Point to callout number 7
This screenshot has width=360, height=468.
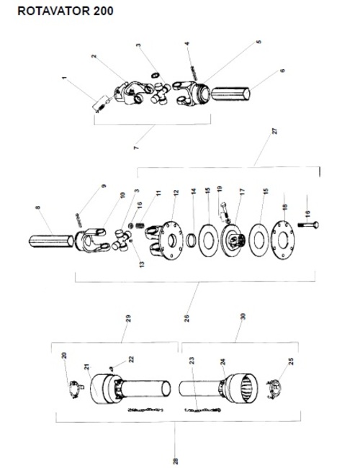136,147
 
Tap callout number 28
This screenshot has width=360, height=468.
176,461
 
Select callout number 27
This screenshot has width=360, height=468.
274,131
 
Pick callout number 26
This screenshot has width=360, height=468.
187,318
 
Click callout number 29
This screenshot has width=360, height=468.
128,318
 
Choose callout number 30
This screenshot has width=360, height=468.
243,316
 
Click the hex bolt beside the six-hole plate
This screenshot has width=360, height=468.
308,225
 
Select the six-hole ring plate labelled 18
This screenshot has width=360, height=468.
284,240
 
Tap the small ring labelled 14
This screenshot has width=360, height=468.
192,240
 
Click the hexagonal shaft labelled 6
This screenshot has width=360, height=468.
230,94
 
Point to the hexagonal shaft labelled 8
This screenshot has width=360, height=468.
51,241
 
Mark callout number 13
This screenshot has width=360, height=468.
142,264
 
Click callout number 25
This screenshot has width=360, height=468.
292,361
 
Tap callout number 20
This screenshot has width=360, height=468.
64,356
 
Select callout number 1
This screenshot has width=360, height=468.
64,78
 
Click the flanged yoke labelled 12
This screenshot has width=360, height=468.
164,241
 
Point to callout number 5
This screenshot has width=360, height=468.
258,42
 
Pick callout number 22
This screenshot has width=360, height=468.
131,359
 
